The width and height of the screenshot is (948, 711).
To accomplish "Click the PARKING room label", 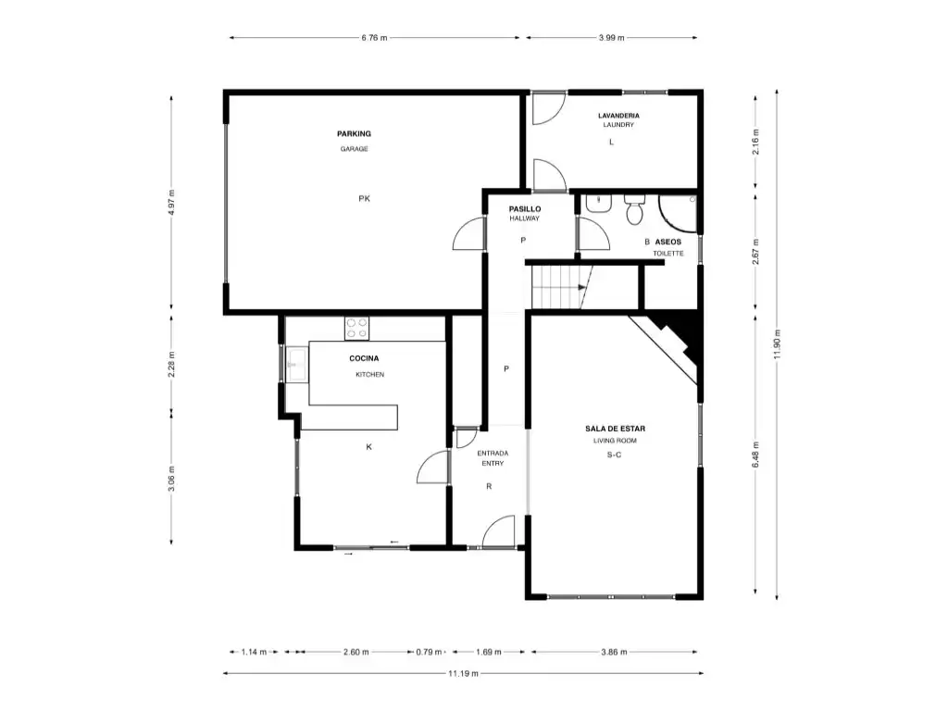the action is click(354, 133).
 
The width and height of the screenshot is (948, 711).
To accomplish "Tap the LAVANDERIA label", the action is click(618, 116).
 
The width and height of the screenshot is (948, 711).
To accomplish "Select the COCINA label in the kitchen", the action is click(364, 358).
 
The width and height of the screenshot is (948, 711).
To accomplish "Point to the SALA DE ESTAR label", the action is click(615, 429).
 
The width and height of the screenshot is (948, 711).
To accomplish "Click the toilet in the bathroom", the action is click(634, 209).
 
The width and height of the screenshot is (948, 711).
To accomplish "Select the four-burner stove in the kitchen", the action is click(356, 329).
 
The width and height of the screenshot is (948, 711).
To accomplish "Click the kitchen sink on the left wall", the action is click(297, 365).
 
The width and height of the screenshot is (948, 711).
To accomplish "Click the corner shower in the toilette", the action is click(678, 214).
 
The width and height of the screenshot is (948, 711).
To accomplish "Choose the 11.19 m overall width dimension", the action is click(463, 674).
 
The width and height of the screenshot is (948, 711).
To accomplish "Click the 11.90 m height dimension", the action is click(778, 344).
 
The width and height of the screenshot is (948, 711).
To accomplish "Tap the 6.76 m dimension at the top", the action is click(374, 37).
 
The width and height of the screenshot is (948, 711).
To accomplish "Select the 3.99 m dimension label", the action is click(611, 37).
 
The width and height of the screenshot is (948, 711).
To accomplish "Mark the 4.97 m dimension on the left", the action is click(171, 203).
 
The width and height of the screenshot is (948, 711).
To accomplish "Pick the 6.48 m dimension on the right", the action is click(755, 455).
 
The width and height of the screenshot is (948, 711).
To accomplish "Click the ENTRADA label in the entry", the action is click(493, 453).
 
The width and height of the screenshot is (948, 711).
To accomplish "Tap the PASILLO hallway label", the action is click(525, 209).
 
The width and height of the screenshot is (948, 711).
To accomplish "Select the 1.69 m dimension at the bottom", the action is click(489, 652).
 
